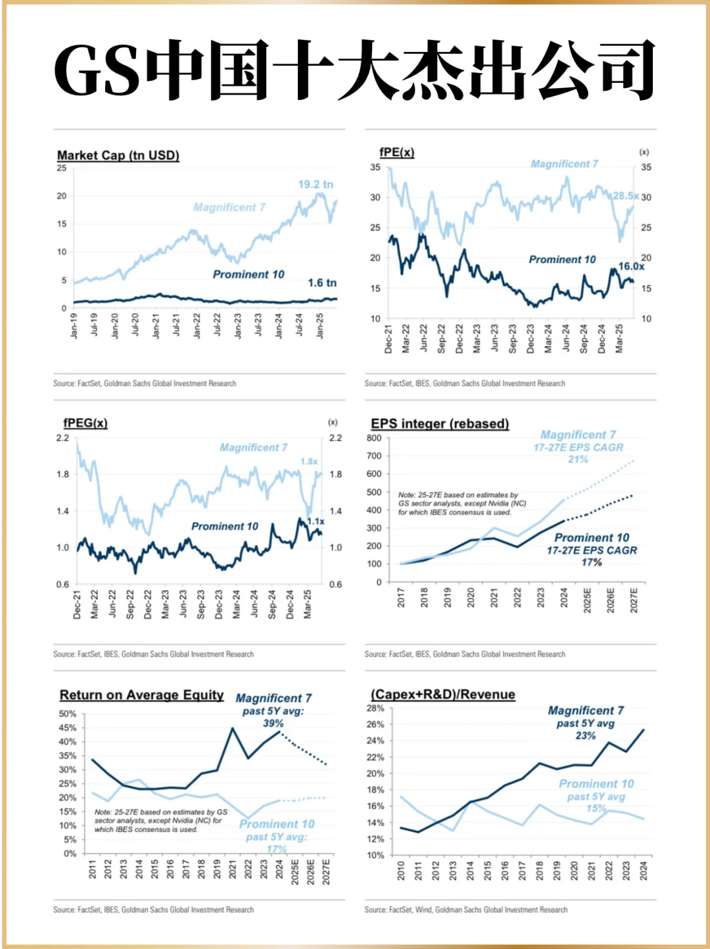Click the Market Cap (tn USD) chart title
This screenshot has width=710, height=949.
click(x=118, y=156)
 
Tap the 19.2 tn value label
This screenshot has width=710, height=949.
click(x=316, y=185)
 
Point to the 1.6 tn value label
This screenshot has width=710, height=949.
click(x=322, y=283)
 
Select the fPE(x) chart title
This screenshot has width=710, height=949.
click(x=396, y=153)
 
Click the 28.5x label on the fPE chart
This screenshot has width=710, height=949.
click(x=625, y=196)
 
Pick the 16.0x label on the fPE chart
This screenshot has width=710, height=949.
click(x=631, y=266)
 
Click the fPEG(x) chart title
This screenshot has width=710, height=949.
click(x=85, y=424)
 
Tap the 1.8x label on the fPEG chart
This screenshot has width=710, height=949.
click(x=309, y=462)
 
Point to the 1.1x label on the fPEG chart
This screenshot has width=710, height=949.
click(x=316, y=522)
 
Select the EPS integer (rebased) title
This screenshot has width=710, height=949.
click(x=440, y=424)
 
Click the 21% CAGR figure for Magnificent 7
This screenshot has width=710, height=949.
click(x=579, y=460)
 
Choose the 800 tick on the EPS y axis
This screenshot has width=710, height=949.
click(x=374, y=438)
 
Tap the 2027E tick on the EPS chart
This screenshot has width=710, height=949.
click(x=634, y=600)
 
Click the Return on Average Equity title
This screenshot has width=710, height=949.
click(x=141, y=695)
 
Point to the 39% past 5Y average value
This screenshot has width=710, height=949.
click(x=273, y=723)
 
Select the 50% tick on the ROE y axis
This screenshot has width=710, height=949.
click(x=68, y=714)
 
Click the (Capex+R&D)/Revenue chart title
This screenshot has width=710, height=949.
click(x=443, y=695)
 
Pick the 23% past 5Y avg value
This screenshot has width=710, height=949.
click(x=586, y=736)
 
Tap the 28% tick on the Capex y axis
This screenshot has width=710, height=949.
click(x=375, y=708)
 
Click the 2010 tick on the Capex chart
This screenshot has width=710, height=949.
click(x=401, y=871)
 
